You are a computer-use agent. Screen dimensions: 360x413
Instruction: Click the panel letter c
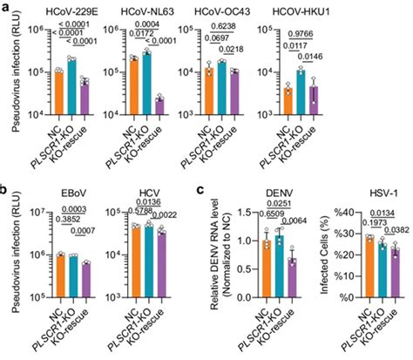tap(201, 187)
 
